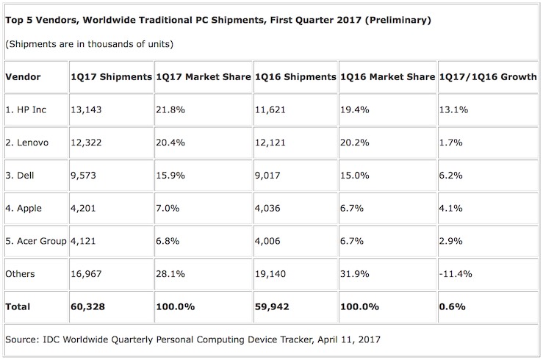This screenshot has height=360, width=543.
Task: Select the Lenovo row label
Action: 29,142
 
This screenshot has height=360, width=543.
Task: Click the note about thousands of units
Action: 89,45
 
